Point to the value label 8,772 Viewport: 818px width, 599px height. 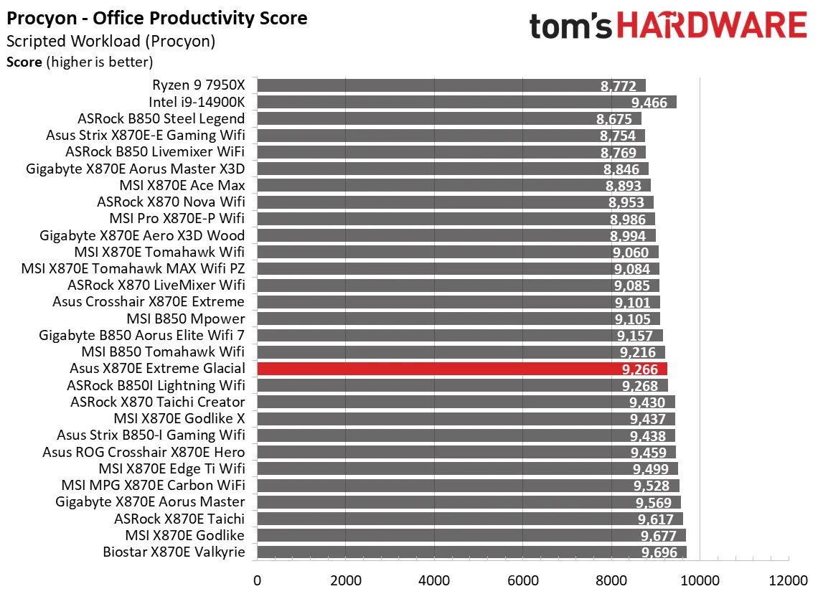(618, 86)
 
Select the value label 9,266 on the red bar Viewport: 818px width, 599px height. (641, 369)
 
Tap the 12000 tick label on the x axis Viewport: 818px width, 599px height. (788, 580)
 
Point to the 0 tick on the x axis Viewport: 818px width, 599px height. (257, 580)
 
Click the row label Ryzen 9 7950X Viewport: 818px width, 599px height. (198, 85)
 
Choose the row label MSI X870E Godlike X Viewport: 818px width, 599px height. (179, 418)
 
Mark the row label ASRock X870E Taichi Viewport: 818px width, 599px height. (179, 519)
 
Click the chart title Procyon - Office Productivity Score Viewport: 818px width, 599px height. (156, 18)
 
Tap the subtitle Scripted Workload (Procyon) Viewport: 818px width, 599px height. (111, 42)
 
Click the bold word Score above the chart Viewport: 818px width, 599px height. (24, 62)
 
